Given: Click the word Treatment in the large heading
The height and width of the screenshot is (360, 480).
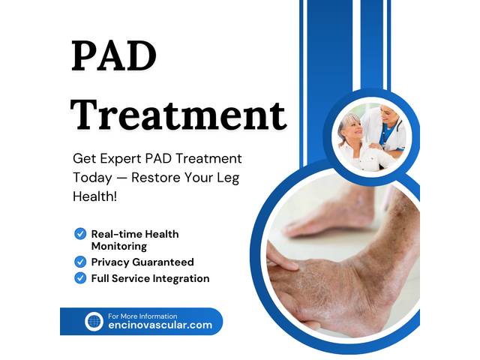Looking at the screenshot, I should point(179,114).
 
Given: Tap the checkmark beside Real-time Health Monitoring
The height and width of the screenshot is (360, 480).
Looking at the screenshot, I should point(80,234).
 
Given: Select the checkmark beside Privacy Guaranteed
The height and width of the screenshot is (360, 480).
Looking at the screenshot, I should point(80,262).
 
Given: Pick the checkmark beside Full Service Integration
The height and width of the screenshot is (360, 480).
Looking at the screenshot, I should point(80,278).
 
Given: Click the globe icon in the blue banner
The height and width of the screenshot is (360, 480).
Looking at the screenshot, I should point(94,321).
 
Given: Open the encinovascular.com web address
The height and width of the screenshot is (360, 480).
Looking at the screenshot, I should point(160,325).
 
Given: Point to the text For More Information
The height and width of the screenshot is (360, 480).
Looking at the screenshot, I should point(142,316).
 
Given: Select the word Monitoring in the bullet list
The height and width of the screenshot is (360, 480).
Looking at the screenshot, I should point(118,246).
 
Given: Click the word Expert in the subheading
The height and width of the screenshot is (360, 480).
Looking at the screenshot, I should point(121,159).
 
